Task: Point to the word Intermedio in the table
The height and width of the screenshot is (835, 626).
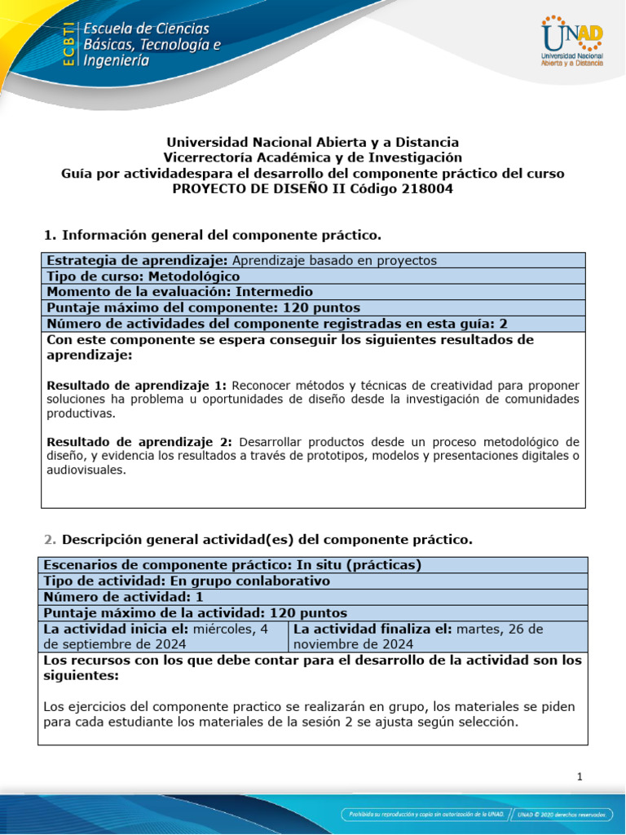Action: point(275,292)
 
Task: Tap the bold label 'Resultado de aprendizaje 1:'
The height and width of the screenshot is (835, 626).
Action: point(137,385)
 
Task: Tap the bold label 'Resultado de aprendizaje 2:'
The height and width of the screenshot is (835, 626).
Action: point(137,442)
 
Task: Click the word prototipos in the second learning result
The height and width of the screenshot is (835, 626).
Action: point(386,456)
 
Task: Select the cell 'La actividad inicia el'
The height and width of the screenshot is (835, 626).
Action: point(163,636)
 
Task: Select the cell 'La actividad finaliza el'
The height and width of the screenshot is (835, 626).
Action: point(437,636)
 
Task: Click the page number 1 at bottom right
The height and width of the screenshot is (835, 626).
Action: point(580,777)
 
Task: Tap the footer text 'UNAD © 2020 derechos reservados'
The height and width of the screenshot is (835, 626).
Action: point(562,815)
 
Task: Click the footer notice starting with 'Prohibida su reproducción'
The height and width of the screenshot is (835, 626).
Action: point(423,815)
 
